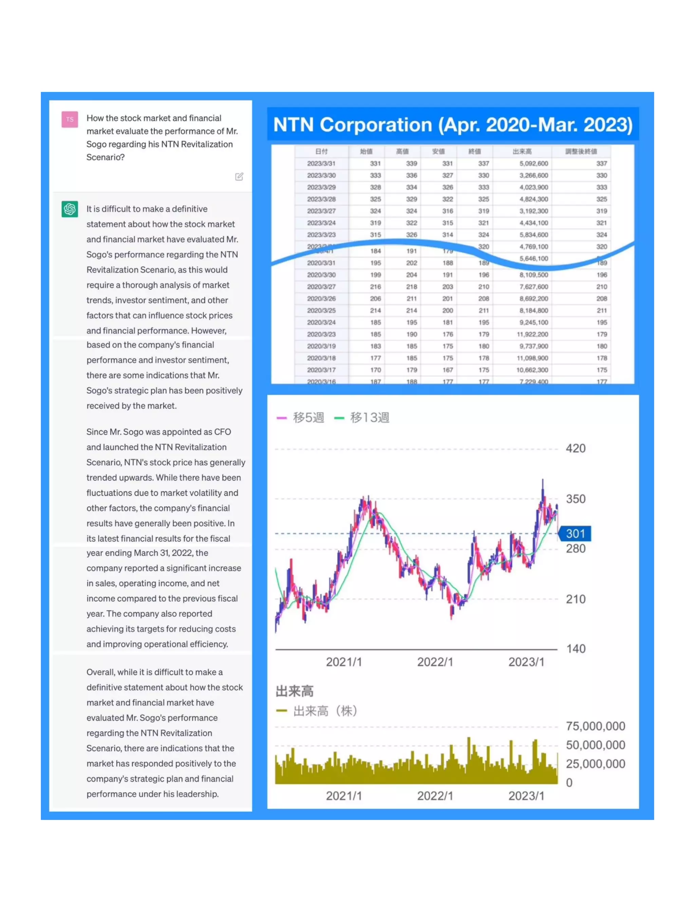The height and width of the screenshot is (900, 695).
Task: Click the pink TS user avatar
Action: [x=70, y=120]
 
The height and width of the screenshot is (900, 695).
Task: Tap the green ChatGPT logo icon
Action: [x=70, y=209]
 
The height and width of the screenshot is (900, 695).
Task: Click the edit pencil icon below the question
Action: [x=239, y=177]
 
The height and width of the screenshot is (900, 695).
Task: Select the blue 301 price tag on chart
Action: [x=575, y=534]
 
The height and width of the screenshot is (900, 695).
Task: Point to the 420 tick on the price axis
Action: [x=575, y=448]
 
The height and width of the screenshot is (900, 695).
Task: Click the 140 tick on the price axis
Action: [x=575, y=649]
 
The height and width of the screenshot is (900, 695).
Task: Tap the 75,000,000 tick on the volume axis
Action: [x=595, y=726]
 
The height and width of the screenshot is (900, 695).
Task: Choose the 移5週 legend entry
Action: [x=301, y=417]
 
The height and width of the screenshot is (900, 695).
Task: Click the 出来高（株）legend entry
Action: [x=317, y=711]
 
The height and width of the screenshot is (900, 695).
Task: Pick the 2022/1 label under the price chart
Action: [x=435, y=662]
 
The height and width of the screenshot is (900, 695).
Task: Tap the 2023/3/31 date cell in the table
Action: [x=321, y=164]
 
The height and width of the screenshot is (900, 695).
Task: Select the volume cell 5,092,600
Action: [x=533, y=164]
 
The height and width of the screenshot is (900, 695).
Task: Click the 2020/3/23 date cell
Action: [x=321, y=334]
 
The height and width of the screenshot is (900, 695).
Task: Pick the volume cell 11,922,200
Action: [x=532, y=334]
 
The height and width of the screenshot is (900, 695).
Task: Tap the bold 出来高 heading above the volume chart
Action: [x=294, y=691]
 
